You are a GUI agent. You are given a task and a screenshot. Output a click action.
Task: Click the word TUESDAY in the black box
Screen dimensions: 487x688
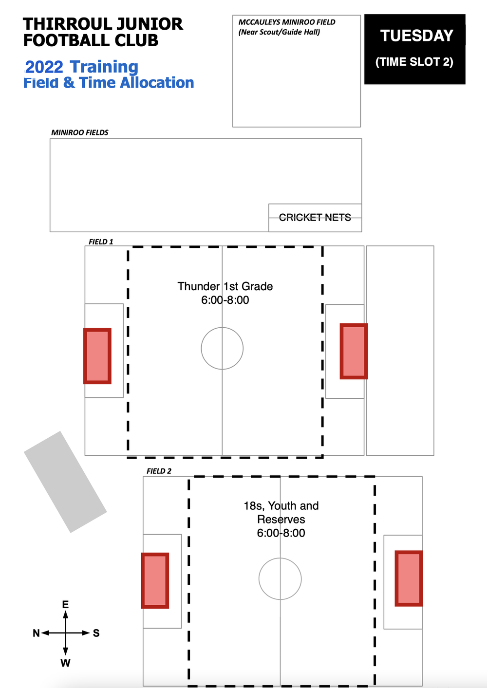[x=416, y=36]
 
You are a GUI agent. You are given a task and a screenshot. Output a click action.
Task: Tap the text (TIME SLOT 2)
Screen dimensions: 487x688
[x=414, y=62]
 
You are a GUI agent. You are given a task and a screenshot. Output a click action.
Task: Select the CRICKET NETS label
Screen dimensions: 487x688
[x=315, y=217]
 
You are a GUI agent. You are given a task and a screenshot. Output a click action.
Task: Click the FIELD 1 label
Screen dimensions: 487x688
[x=101, y=242]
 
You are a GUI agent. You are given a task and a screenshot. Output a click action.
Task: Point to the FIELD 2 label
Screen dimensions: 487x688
[x=159, y=471]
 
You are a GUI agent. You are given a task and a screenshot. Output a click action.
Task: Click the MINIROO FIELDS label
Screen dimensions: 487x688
[x=80, y=132]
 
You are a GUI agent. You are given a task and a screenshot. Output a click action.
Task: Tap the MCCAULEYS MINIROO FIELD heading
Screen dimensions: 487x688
[x=287, y=22]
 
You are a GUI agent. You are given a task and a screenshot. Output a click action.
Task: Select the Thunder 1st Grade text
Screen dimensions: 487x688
[x=225, y=286]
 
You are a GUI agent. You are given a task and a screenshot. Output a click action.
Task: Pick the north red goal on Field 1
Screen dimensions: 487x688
[x=97, y=356]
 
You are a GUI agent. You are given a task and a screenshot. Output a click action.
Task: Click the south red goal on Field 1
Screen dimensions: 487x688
[x=354, y=351]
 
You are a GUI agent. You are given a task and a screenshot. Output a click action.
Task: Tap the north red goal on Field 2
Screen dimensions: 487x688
[x=155, y=580]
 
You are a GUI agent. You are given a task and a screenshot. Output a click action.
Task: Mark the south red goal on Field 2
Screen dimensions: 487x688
[x=409, y=578]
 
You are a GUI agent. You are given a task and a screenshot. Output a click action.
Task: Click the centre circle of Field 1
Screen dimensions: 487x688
[x=222, y=348]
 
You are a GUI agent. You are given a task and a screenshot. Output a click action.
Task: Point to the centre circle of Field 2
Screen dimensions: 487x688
[x=280, y=579]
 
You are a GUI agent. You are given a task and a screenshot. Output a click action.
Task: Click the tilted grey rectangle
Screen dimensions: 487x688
[x=65, y=482]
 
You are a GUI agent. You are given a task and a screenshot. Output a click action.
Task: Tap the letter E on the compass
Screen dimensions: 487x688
[x=65, y=604]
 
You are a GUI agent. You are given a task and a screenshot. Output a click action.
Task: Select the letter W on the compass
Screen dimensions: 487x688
[x=65, y=663]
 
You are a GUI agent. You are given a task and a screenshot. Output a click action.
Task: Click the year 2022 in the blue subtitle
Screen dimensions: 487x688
[x=44, y=67]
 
